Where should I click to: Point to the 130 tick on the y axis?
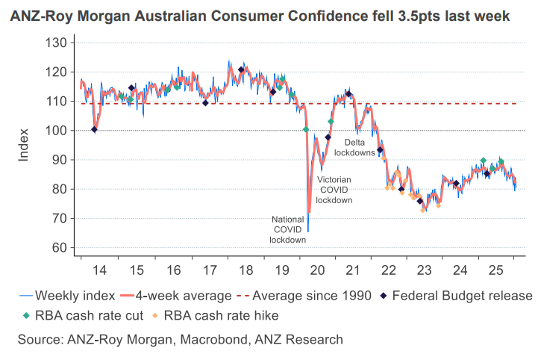point(57,43)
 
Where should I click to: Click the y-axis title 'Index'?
point(23,145)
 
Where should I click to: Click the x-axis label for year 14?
point(98,270)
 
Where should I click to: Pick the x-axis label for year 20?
point(319,270)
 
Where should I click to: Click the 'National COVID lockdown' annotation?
point(289,229)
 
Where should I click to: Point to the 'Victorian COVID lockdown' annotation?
point(334,190)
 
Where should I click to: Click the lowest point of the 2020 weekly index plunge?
point(308,231)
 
